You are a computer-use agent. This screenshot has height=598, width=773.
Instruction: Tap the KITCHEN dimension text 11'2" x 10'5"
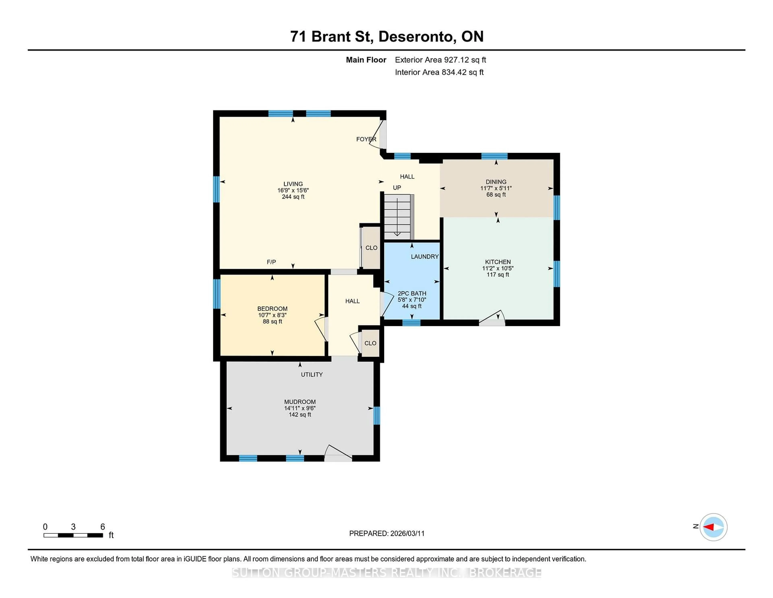pyautogui.click(x=498, y=268)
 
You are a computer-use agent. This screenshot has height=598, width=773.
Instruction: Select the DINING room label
pyautogui.click(x=496, y=182)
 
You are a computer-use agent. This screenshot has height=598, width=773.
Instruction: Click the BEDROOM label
pyautogui.click(x=272, y=308)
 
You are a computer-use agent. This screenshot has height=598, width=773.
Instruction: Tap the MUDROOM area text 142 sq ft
pyautogui.click(x=300, y=414)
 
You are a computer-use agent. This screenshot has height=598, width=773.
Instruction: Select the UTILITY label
pyautogui.click(x=311, y=375)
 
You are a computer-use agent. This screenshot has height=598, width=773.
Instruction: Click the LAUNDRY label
pyautogui.click(x=424, y=256)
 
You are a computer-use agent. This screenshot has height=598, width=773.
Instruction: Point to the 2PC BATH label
pyautogui.click(x=412, y=293)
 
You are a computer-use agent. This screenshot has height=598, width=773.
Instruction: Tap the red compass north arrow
pyautogui.click(x=709, y=527)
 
